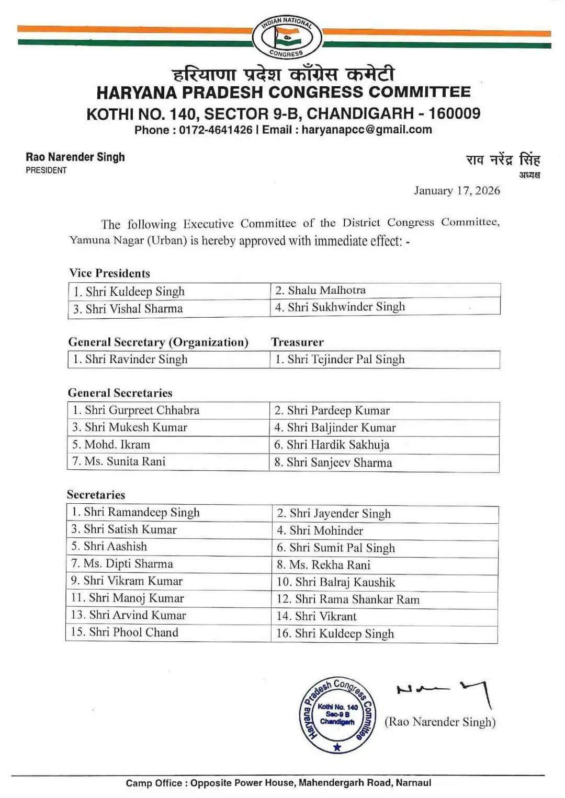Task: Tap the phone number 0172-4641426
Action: coord(216,130)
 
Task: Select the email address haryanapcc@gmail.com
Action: coord(367,130)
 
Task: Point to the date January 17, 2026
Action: coord(457,191)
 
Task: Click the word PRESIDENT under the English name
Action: coord(46,170)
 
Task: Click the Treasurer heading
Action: coord(297,342)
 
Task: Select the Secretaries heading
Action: coord(96,495)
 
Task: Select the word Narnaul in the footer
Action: coord(413,783)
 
